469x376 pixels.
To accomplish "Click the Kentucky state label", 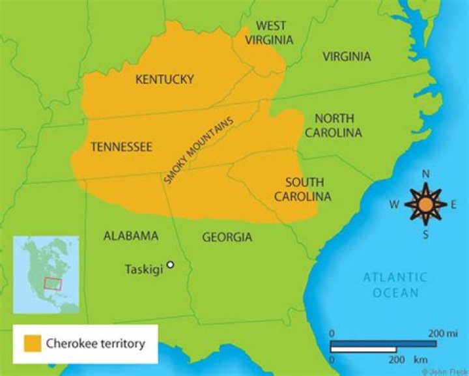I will click(x=164, y=80).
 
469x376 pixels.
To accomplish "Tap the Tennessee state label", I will click(x=121, y=147).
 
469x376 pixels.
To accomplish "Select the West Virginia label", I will click(x=270, y=33).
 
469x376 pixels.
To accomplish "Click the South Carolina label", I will click(x=302, y=189).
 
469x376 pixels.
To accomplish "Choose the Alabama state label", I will click(x=131, y=236).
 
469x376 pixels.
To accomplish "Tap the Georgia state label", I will click(x=227, y=237).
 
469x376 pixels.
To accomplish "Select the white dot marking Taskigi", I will click(x=170, y=265).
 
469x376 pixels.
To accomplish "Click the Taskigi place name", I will click(x=142, y=268).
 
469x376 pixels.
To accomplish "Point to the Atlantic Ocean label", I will click(x=395, y=285).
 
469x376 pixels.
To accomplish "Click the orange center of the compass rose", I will click(x=425, y=205).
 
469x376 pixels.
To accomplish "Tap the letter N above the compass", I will click(x=425, y=174).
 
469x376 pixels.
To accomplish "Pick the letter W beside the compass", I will click(x=395, y=205).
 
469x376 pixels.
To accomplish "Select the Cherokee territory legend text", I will click(x=95, y=343).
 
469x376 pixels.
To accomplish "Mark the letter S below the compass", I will click(x=425, y=235).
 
